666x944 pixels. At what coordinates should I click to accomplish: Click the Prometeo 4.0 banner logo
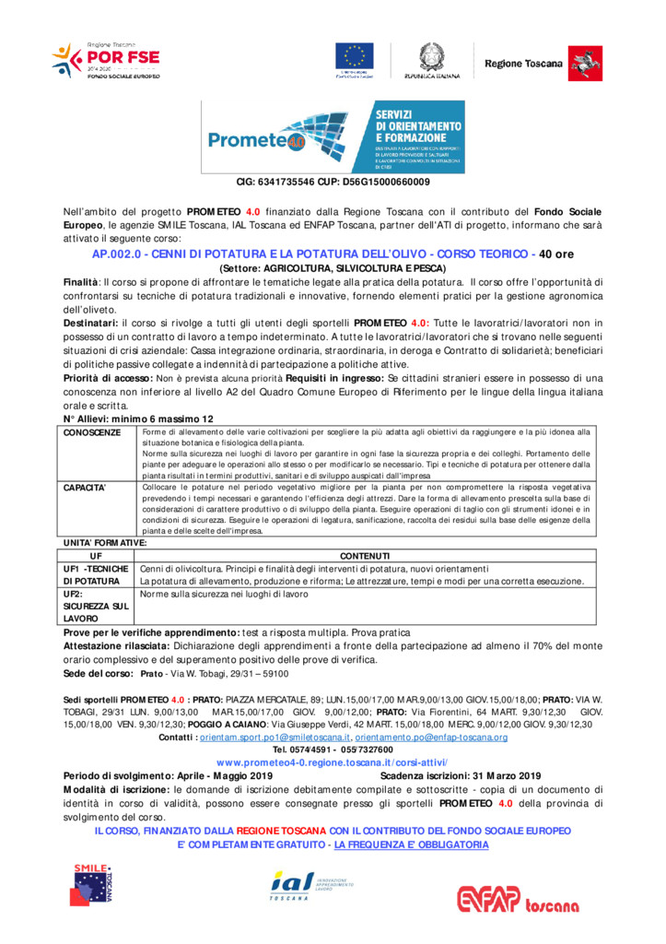coord(333,136)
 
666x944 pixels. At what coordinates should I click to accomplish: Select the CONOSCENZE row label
coord(90,432)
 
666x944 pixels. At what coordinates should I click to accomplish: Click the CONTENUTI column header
coord(365,556)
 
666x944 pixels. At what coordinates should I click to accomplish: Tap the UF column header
coord(96,556)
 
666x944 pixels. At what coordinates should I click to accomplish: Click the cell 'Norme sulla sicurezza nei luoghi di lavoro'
coord(224,595)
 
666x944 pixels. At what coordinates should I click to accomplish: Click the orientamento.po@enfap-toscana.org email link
coord(431,737)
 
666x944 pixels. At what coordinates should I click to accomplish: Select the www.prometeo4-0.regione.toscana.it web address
coord(332,763)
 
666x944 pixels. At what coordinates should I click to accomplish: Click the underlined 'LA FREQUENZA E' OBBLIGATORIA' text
coord(412,844)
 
